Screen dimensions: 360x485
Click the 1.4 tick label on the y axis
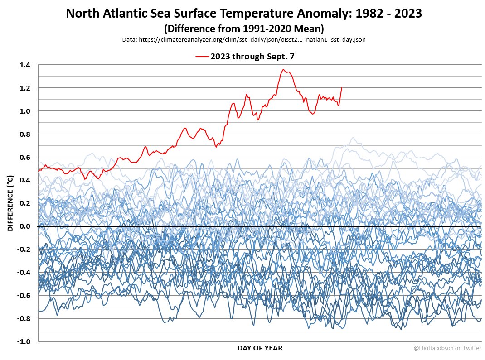(24, 65)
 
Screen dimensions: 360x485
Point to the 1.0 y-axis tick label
(24, 111)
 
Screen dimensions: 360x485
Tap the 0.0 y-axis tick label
(24, 226)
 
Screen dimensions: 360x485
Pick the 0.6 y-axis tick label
(24, 158)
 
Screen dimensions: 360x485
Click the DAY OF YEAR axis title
(260, 348)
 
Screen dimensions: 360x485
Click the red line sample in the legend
(202, 57)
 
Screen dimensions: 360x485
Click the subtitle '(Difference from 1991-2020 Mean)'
(243, 29)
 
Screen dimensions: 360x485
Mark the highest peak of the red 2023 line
(283, 69)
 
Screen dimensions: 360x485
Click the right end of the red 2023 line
(341, 87)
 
